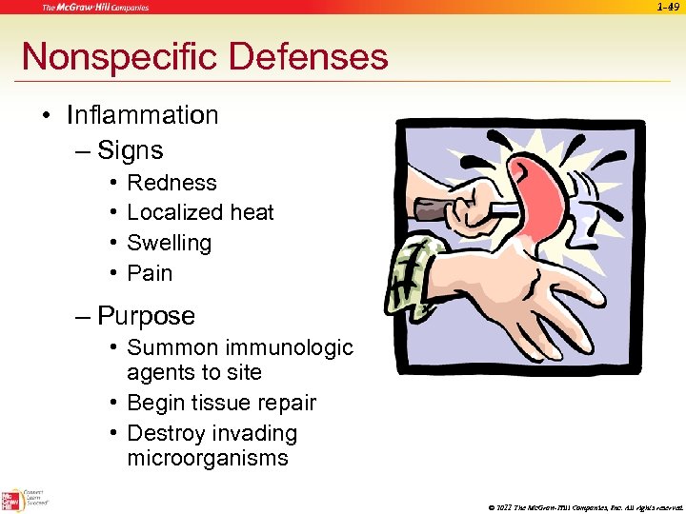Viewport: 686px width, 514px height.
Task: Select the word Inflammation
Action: (143, 115)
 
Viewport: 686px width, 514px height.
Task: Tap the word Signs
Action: (131, 150)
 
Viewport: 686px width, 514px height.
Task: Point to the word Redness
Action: (171, 183)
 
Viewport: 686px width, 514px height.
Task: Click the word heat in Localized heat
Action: (251, 212)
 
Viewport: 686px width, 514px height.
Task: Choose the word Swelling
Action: (169, 243)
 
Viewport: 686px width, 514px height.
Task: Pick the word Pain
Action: (150, 273)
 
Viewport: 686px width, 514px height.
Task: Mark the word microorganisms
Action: (207, 458)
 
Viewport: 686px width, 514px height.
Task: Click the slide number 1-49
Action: (670, 8)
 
